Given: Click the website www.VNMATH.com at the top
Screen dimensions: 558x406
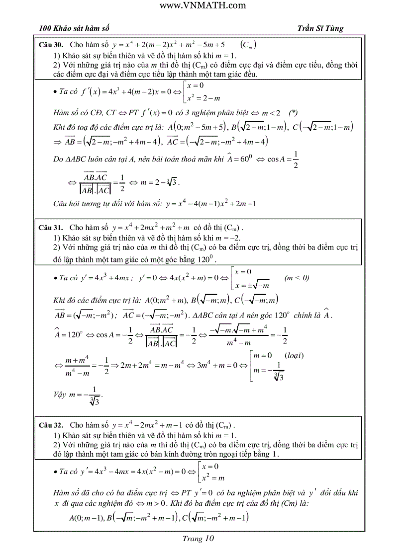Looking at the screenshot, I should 203,5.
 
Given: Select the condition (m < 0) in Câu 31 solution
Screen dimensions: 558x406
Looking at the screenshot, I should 297,278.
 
